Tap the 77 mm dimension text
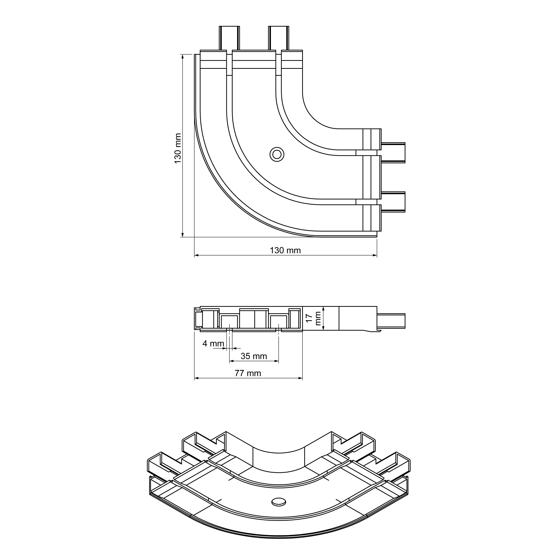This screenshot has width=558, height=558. [248, 373]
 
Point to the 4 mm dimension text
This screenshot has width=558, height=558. [213, 343]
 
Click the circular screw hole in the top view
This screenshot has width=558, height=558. [277, 155]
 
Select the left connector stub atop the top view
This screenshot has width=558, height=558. [229, 38]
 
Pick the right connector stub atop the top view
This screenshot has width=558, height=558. [278, 38]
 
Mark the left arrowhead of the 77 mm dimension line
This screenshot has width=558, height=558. [196, 378]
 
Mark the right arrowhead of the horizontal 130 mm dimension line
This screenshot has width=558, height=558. [375, 255]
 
